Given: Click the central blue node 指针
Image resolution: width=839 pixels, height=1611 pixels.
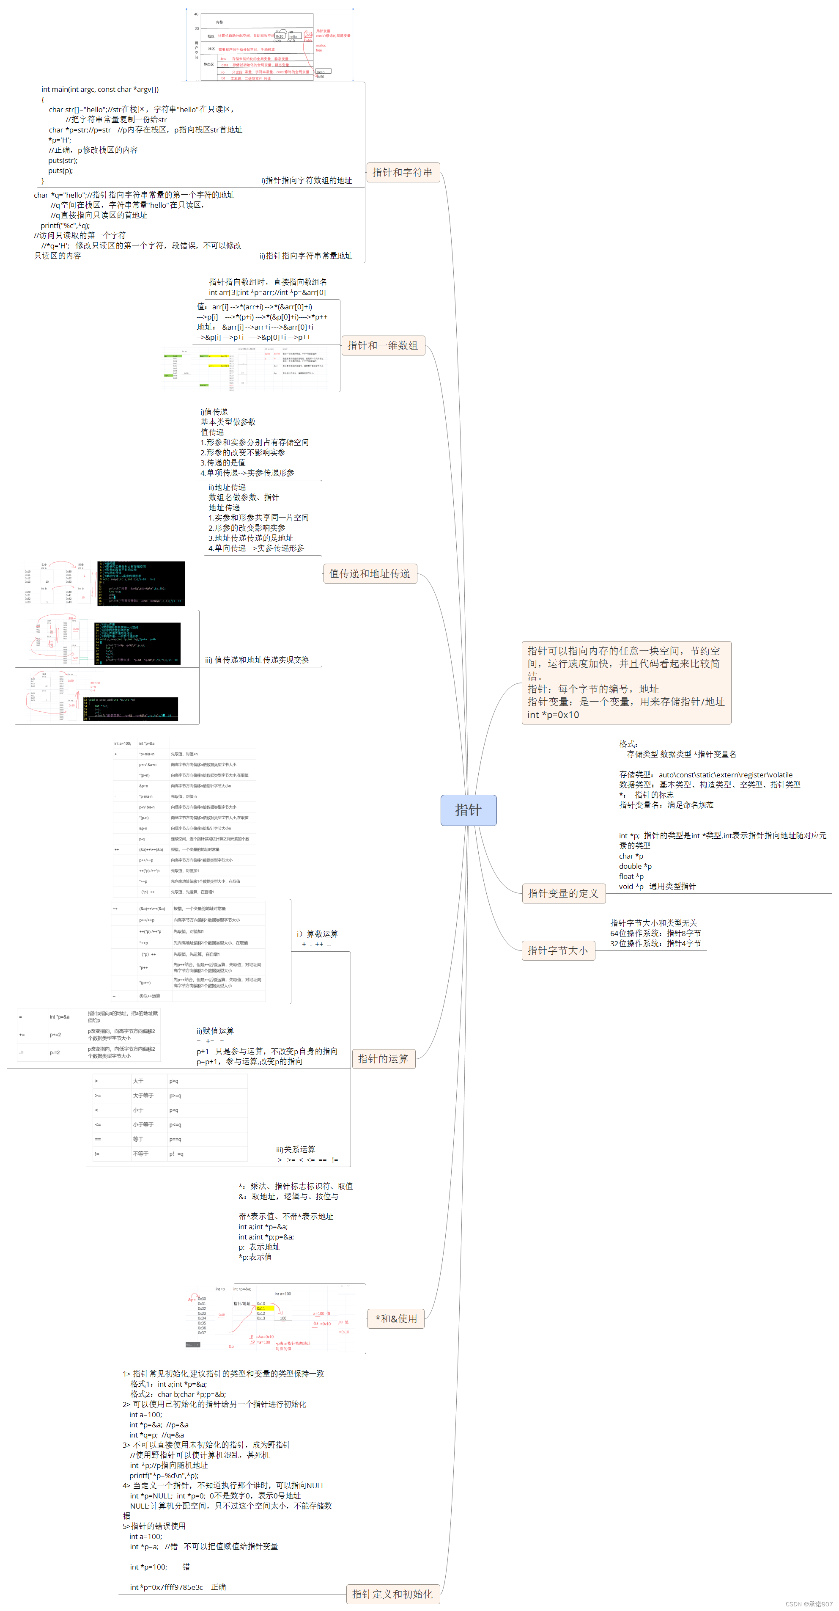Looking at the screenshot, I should pos(468,810).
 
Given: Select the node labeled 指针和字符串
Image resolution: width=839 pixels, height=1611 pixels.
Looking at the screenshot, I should pos(402,172).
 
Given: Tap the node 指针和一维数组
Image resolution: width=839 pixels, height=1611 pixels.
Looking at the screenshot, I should pos(383,345).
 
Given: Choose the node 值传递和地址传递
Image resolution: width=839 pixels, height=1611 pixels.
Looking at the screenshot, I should pos(370,573).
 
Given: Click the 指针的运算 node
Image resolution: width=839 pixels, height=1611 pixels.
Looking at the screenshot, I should pos(383,1059).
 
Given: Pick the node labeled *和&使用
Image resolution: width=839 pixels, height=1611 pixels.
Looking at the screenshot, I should pos(396,1318).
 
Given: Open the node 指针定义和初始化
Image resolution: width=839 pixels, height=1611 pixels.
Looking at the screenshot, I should pos(392,1594).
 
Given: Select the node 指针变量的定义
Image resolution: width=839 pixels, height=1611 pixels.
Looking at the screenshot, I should pos(563,893).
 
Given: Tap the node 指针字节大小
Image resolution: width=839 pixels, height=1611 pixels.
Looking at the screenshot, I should pos(558,950).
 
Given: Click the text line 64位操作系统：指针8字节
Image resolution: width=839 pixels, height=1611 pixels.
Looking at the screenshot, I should pos(655,933).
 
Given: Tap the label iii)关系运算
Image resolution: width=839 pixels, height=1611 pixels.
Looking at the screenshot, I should pos(296,1149).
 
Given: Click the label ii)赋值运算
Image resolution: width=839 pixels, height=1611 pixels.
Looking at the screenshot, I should pos(215,1031).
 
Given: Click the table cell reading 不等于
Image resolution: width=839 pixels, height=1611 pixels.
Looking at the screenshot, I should pos(141,1154).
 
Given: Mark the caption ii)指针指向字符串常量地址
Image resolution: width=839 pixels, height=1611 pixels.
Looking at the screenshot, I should pos(306,256).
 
